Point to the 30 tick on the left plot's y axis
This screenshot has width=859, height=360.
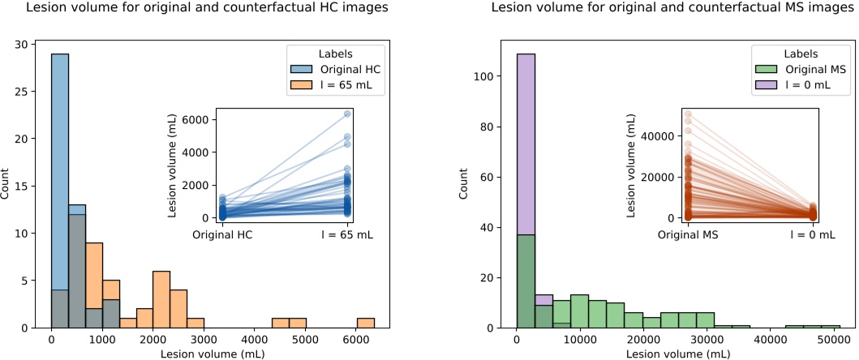[29, 44]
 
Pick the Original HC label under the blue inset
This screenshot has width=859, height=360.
[223, 234]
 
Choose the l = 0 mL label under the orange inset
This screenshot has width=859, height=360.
[812, 234]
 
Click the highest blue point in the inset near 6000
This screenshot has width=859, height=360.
[348, 114]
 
